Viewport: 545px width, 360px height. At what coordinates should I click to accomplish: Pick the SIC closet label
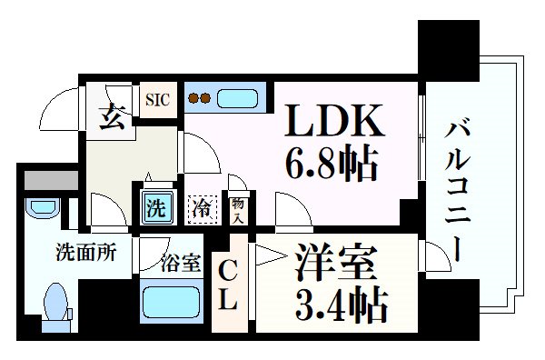pos(157,95)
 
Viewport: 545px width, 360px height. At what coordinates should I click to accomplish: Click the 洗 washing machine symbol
pos(156,205)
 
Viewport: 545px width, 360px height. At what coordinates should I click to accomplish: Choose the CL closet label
pos(229,283)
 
